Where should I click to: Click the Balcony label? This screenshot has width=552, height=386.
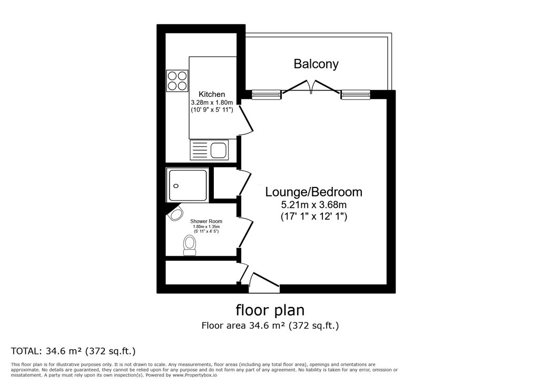point(316,64)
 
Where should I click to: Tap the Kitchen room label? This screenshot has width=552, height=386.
point(212,94)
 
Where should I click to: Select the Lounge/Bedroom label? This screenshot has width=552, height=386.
point(313,192)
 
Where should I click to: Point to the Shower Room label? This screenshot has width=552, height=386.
point(206,221)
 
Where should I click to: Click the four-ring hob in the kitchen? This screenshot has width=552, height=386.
point(177,81)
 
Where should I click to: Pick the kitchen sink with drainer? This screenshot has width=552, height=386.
point(209,150)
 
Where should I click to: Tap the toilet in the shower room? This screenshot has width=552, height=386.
point(190,245)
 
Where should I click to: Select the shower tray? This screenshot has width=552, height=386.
point(188,185)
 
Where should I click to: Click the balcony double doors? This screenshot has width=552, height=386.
point(311,87)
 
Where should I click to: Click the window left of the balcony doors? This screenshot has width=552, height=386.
point(266,95)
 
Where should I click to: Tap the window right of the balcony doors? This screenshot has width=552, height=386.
point(356,95)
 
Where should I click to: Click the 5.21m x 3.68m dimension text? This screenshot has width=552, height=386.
point(314,204)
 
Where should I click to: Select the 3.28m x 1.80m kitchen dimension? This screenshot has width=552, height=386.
point(212,102)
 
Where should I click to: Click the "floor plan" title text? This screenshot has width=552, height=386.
point(270,310)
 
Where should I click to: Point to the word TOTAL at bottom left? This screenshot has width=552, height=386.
point(26,351)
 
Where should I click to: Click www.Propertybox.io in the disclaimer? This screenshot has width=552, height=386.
point(194,375)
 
